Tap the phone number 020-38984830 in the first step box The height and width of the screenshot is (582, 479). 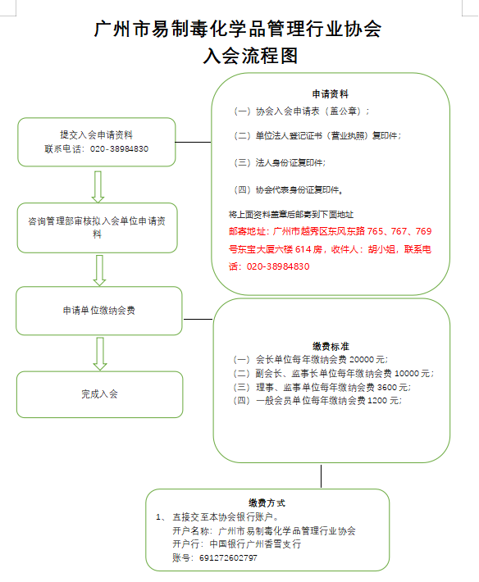pyautogui.click(x=119, y=149)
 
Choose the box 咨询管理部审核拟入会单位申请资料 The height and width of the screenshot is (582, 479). pyautogui.click(x=99, y=227)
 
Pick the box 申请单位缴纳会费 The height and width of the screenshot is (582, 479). pyautogui.click(x=99, y=311)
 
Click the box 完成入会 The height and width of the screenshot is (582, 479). pyautogui.click(x=99, y=393)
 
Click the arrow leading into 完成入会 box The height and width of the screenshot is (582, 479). pyautogui.click(x=98, y=352)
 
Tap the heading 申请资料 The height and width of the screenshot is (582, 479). pyautogui.click(x=330, y=93)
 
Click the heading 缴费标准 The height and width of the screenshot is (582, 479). pyautogui.click(x=331, y=347)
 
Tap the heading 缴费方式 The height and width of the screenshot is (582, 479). pyautogui.click(x=267, y=502)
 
